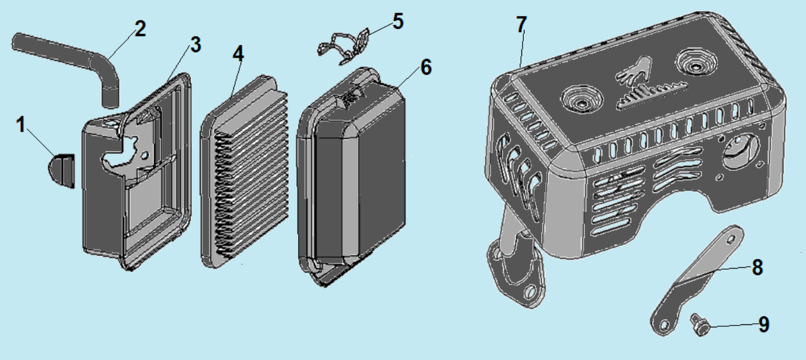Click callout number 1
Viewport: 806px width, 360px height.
tap(21, 125)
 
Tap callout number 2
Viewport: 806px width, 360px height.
tap(141, 29)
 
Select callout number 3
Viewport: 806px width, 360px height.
tap(196, 45)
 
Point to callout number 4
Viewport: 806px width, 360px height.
tap(238, 53)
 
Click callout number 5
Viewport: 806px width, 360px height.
tap(398, 21)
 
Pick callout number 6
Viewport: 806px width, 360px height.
tap(426, 67)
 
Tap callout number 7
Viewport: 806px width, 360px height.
tap(521, 25)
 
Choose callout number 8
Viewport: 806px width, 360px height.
tap(757, 267)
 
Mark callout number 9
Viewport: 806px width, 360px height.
tap(764, 324)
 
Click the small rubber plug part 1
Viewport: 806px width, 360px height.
tap(61, 170)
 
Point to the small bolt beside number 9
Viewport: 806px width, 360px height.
tap(700, 325)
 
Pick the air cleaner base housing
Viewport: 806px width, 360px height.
tap(137, 173)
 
